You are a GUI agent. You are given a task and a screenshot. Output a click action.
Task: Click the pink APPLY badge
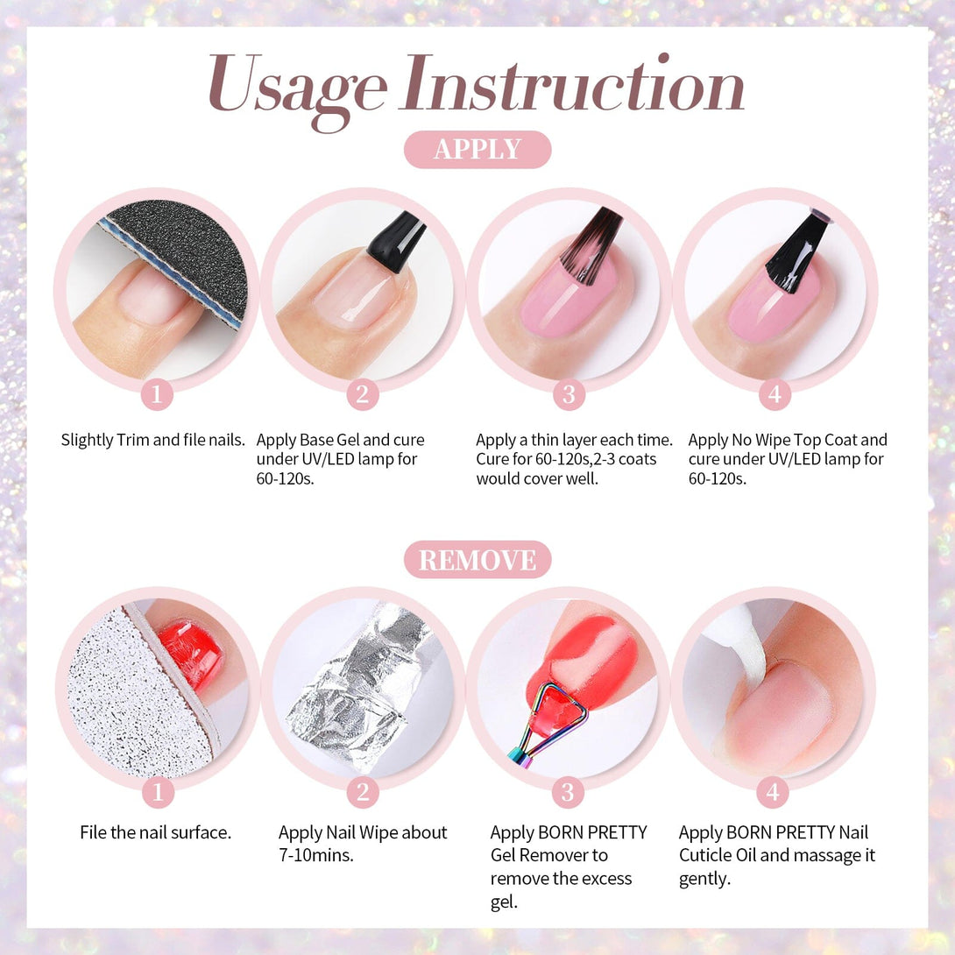pos(477,149)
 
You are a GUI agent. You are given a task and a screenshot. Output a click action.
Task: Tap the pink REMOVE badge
pos(477,560)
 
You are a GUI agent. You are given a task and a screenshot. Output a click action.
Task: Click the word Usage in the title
pos(297,88)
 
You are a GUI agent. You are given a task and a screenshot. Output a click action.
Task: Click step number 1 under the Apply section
pos(157,394)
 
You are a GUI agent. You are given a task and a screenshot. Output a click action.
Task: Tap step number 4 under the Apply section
pos(775,394)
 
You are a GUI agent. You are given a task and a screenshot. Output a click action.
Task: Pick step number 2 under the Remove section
pos(363,792)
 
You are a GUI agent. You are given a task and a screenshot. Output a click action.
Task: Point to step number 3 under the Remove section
pos(568,792)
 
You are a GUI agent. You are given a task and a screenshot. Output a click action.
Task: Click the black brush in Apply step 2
pos(397,242)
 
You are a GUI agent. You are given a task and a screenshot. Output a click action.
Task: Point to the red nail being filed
pos(191,653)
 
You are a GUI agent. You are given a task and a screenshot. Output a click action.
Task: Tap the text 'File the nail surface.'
pos(156,832)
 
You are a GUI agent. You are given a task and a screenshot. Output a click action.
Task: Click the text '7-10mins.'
pos(316,855)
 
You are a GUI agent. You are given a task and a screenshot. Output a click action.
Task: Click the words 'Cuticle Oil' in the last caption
pos(718,855)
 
